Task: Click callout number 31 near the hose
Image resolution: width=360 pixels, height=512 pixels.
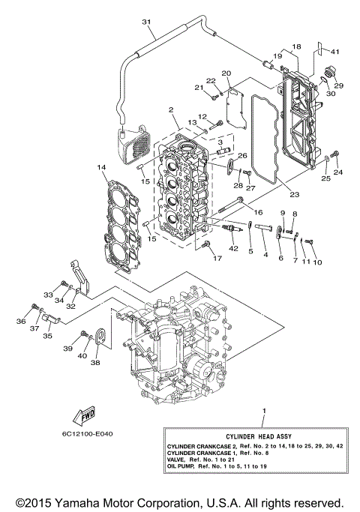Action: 146,21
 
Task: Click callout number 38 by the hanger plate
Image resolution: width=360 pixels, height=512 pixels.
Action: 95,363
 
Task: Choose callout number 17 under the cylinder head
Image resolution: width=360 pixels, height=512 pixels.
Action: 217,259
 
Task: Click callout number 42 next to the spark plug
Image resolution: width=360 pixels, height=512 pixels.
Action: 233,247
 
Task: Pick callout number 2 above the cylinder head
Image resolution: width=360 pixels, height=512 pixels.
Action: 172,110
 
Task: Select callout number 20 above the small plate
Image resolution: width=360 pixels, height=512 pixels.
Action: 226,73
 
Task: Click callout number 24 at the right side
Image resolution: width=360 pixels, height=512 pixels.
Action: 337,172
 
